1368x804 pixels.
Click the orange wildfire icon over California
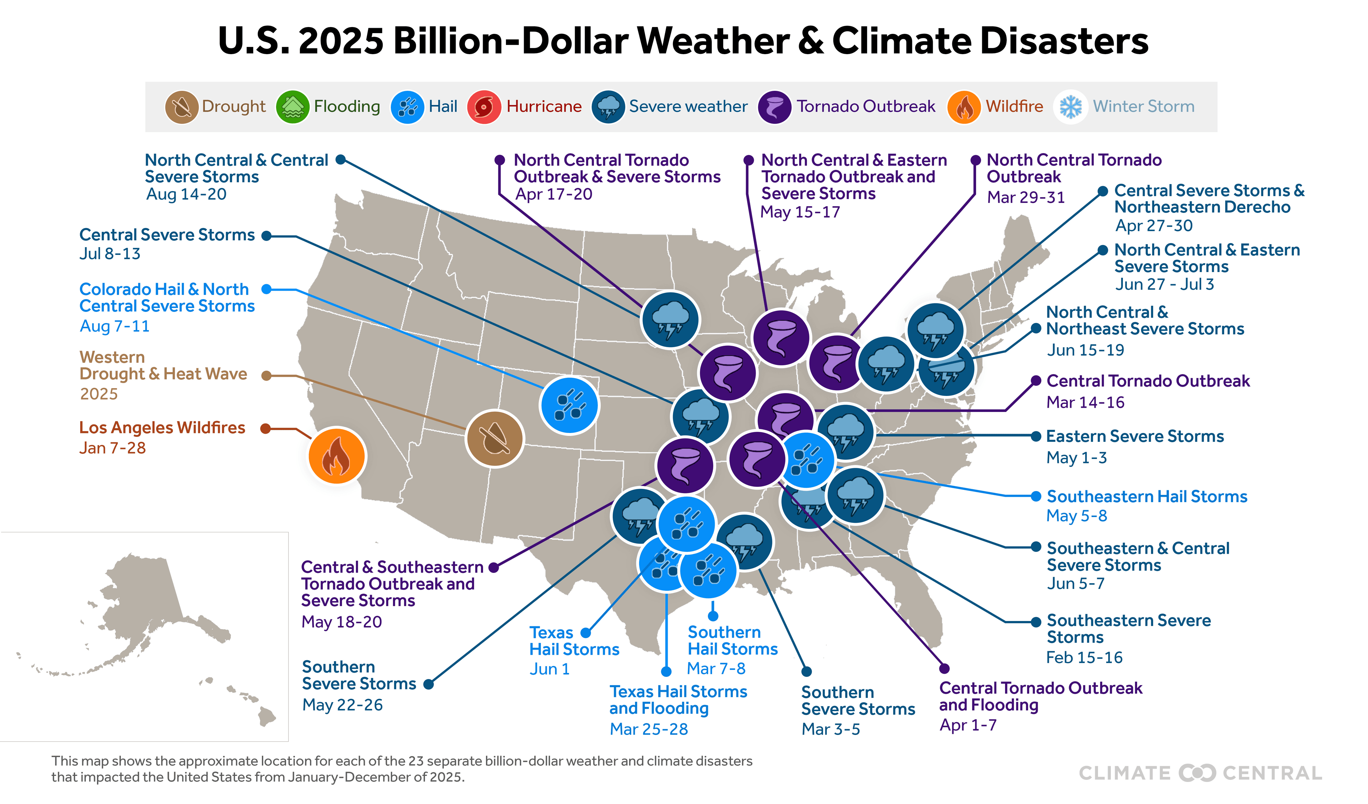(337, 456)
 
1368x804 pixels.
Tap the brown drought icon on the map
(494, 438)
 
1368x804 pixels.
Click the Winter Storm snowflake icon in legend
(1071, 107)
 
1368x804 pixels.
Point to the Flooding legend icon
(292, 107)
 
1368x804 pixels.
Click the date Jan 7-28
(112, 448)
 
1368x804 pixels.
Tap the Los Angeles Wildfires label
(162, 428)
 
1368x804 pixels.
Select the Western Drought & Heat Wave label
(163, 366)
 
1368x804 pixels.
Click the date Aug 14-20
(186, 194)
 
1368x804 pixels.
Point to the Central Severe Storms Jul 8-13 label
(167, 235)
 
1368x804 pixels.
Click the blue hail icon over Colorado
(569, 405)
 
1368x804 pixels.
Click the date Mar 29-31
(1025, 198)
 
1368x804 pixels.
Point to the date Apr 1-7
(968, 725)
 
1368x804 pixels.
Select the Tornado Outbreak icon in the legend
(774, 107)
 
